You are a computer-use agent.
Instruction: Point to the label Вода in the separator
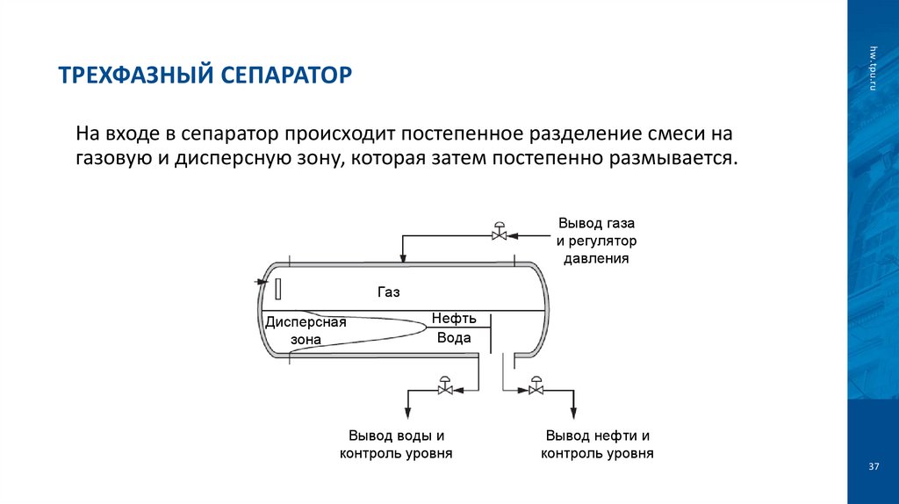click(454, 338)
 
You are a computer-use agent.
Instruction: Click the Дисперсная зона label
click(306, 330)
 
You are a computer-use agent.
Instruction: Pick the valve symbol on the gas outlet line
click(499, 233)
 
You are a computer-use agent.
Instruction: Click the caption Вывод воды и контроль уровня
click(395, 444)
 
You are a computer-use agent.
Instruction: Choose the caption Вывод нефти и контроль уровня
click(597, 444)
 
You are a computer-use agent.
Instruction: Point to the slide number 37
click(873, 466)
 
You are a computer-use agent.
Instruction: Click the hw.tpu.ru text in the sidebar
click(874, 66)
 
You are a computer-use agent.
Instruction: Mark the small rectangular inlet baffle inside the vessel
click(277, 288)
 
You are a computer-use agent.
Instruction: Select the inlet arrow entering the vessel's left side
click(260, 282)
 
